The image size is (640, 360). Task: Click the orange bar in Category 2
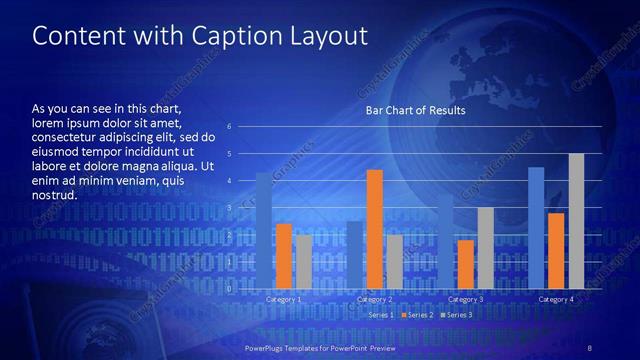click(374, 230)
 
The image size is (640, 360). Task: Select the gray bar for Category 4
click(576, 222)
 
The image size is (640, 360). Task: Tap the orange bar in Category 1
click(284, 256)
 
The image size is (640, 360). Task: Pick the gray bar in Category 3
click(485, 248)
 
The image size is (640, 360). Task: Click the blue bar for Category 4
click(536, 228)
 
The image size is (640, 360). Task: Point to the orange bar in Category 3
click(465, 264)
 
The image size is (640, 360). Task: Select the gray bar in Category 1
click(304, 262)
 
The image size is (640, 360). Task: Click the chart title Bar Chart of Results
click(415, 111)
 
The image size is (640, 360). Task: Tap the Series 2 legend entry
click(416, 315)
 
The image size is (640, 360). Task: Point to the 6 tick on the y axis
click(229, 127)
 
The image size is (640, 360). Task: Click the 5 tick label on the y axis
click(229, 154)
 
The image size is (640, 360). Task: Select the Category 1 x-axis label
click(284, 299)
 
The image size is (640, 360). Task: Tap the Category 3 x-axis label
click(465, 299)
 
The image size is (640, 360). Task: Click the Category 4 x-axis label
click(556, 299)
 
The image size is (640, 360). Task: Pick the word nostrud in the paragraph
click(54, 196)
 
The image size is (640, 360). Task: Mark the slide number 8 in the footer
click(590, 347)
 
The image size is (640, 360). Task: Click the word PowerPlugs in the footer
click(267, 347)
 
